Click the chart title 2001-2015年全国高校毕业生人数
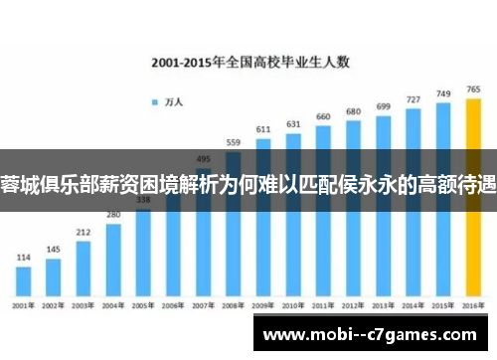tap(249, 61)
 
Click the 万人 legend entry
tap(170, 101)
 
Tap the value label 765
tap(474, 89)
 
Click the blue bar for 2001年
tap(22, 277)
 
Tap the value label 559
tap(234, 142)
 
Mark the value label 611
tap(263, 129)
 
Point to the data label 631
tap(293, 124)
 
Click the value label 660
tap(323, 116)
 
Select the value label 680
tap(353, 111)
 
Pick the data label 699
tap(383, 106)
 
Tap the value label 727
tap(414, 99)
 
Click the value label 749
tap(443, 93)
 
